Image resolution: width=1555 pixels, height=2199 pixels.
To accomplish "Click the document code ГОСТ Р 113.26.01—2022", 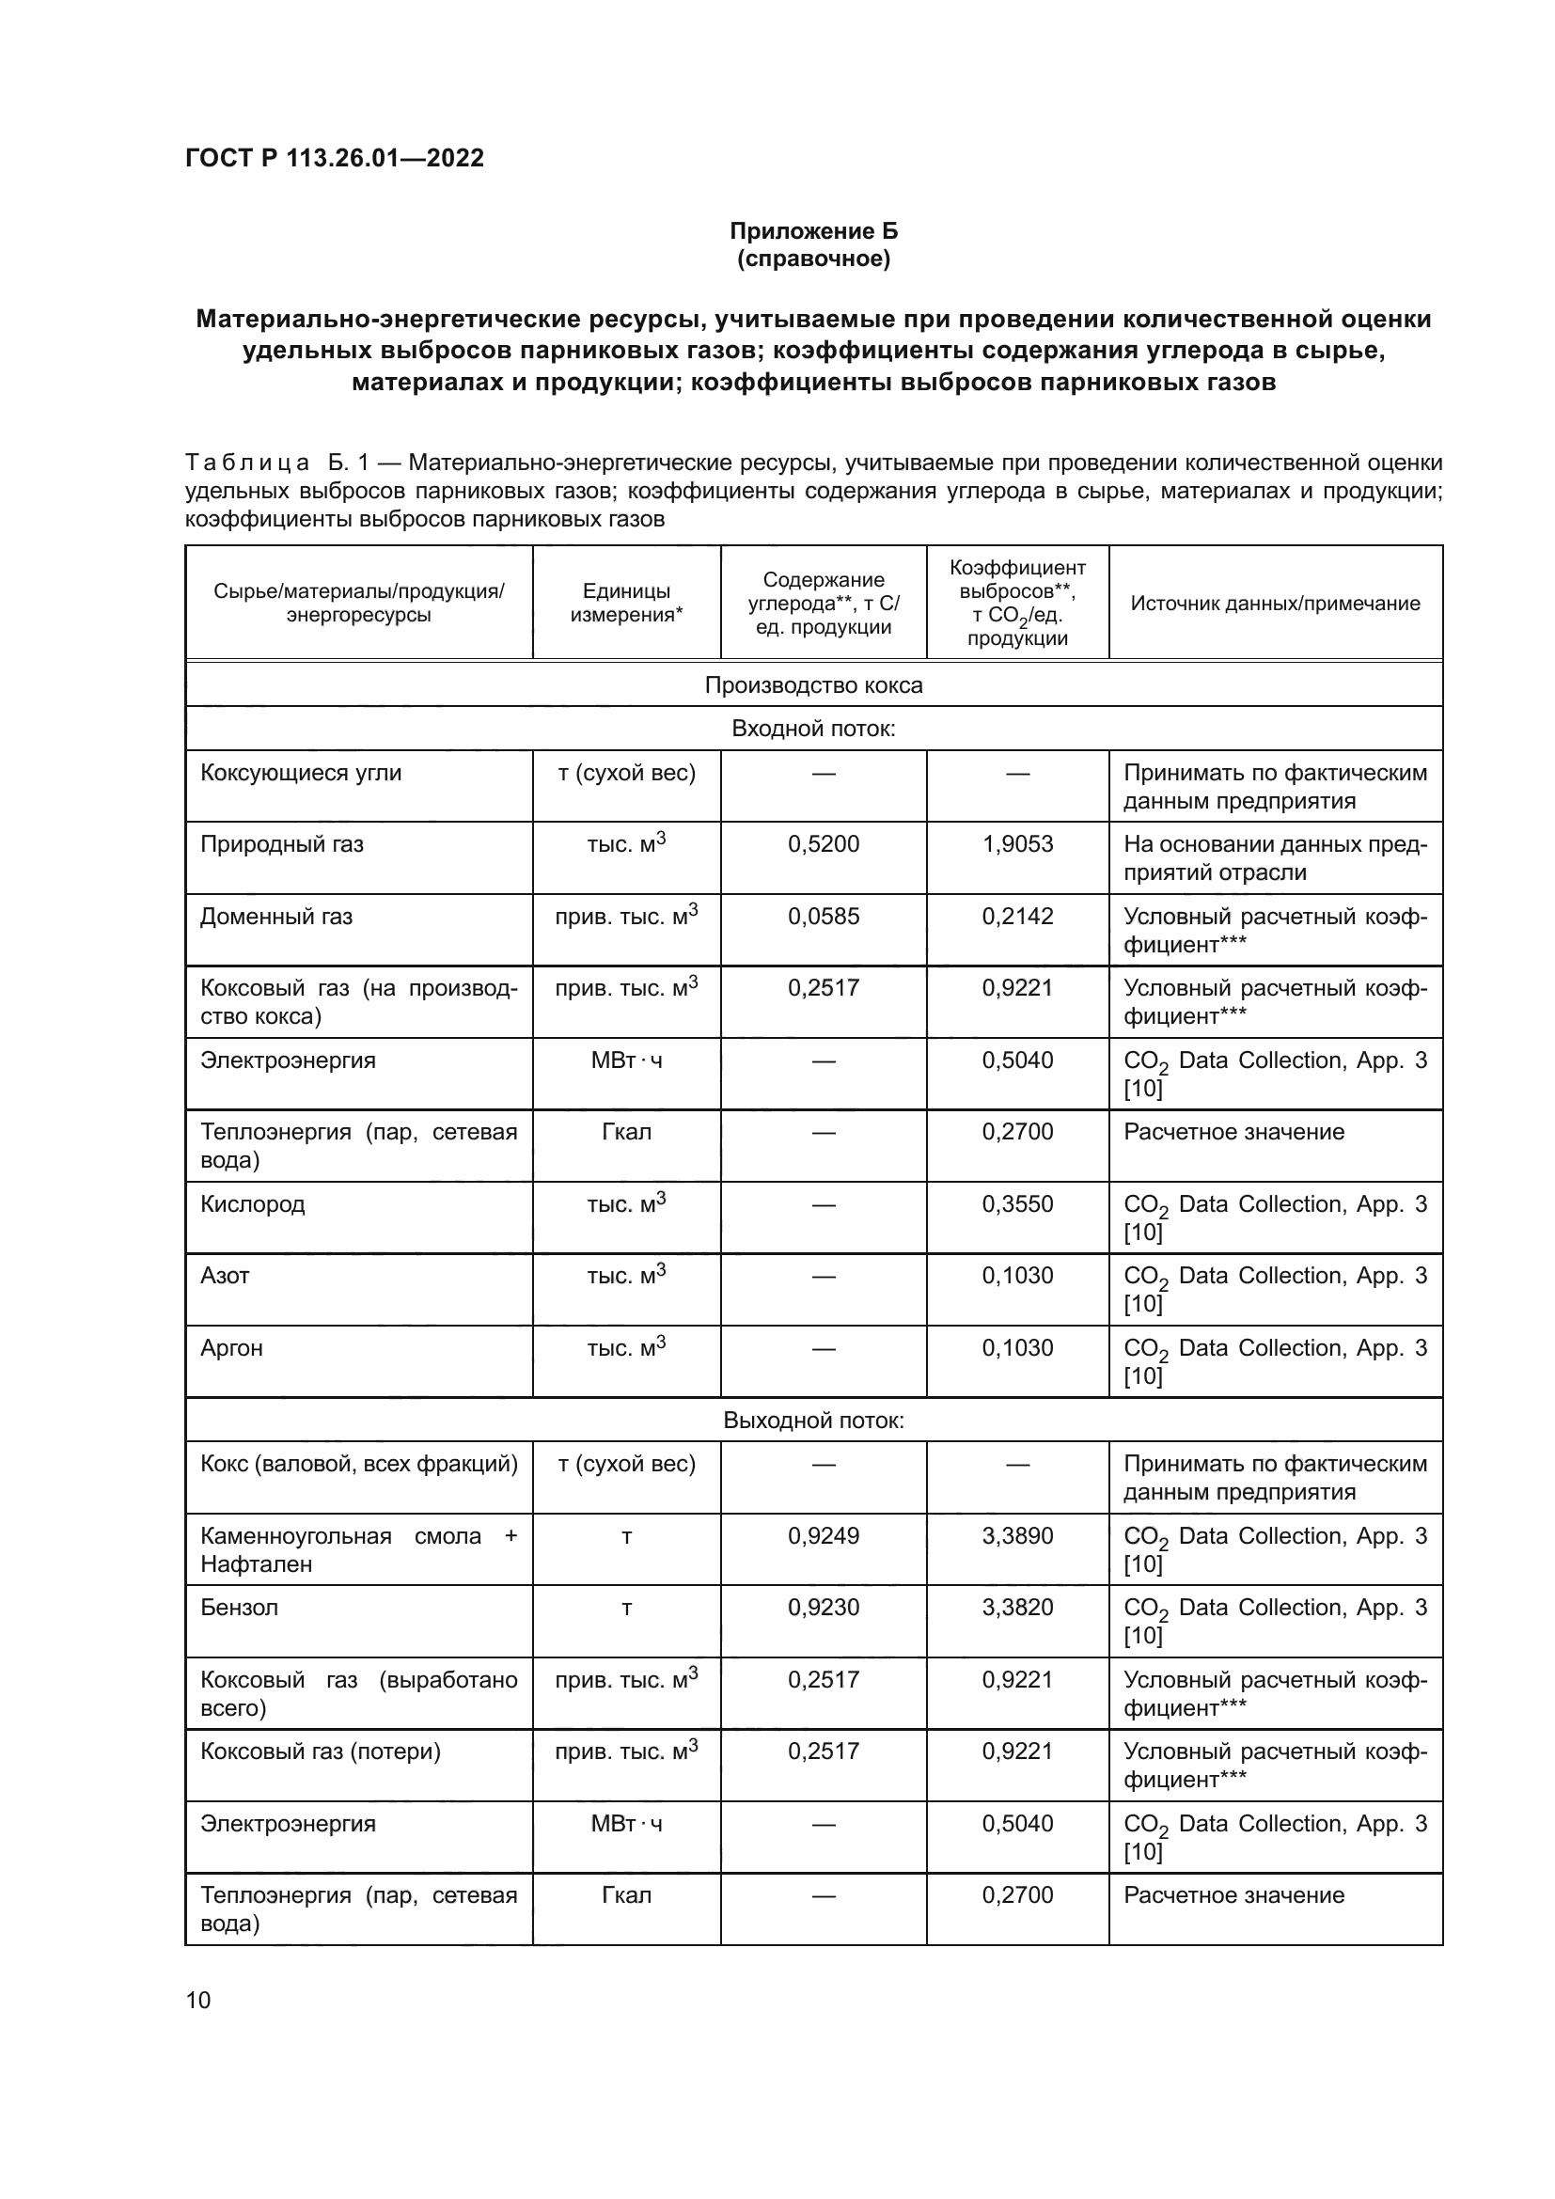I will coord(334,158).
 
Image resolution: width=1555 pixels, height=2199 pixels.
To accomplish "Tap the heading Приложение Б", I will coord(813,231).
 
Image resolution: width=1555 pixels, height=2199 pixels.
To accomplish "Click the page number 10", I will coord(198,2000).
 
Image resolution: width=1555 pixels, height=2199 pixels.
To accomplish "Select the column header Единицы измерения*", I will coord(626,603).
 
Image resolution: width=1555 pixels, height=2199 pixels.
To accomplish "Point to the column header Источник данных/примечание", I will coord(1275,603).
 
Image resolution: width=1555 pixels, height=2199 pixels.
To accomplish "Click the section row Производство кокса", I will coord(813,684).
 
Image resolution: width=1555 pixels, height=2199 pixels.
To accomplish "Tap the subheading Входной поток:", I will coord(813,729).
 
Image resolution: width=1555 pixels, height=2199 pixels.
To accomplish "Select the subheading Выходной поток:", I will coord(813,1421).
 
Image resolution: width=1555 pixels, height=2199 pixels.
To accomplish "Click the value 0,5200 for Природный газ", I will coord(824,843).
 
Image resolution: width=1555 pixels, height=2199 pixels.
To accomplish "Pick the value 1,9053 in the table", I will coord(1017,843).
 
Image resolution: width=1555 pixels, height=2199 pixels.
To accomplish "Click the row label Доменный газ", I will coord(275,917).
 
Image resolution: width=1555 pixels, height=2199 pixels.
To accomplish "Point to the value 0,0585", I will coord(824,917).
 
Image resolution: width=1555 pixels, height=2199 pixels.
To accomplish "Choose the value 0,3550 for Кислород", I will coord(1017,1204).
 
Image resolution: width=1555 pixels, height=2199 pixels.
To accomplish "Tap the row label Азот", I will coord(224,1276).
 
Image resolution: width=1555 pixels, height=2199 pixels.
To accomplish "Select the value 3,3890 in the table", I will coord(1017,1536).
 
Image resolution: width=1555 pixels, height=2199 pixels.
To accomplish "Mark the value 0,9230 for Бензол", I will coord(824,1608).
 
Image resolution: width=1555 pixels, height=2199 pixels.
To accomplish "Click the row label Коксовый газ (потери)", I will coord(320,1751).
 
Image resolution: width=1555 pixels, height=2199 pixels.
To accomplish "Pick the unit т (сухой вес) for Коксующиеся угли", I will coord(626,773).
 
